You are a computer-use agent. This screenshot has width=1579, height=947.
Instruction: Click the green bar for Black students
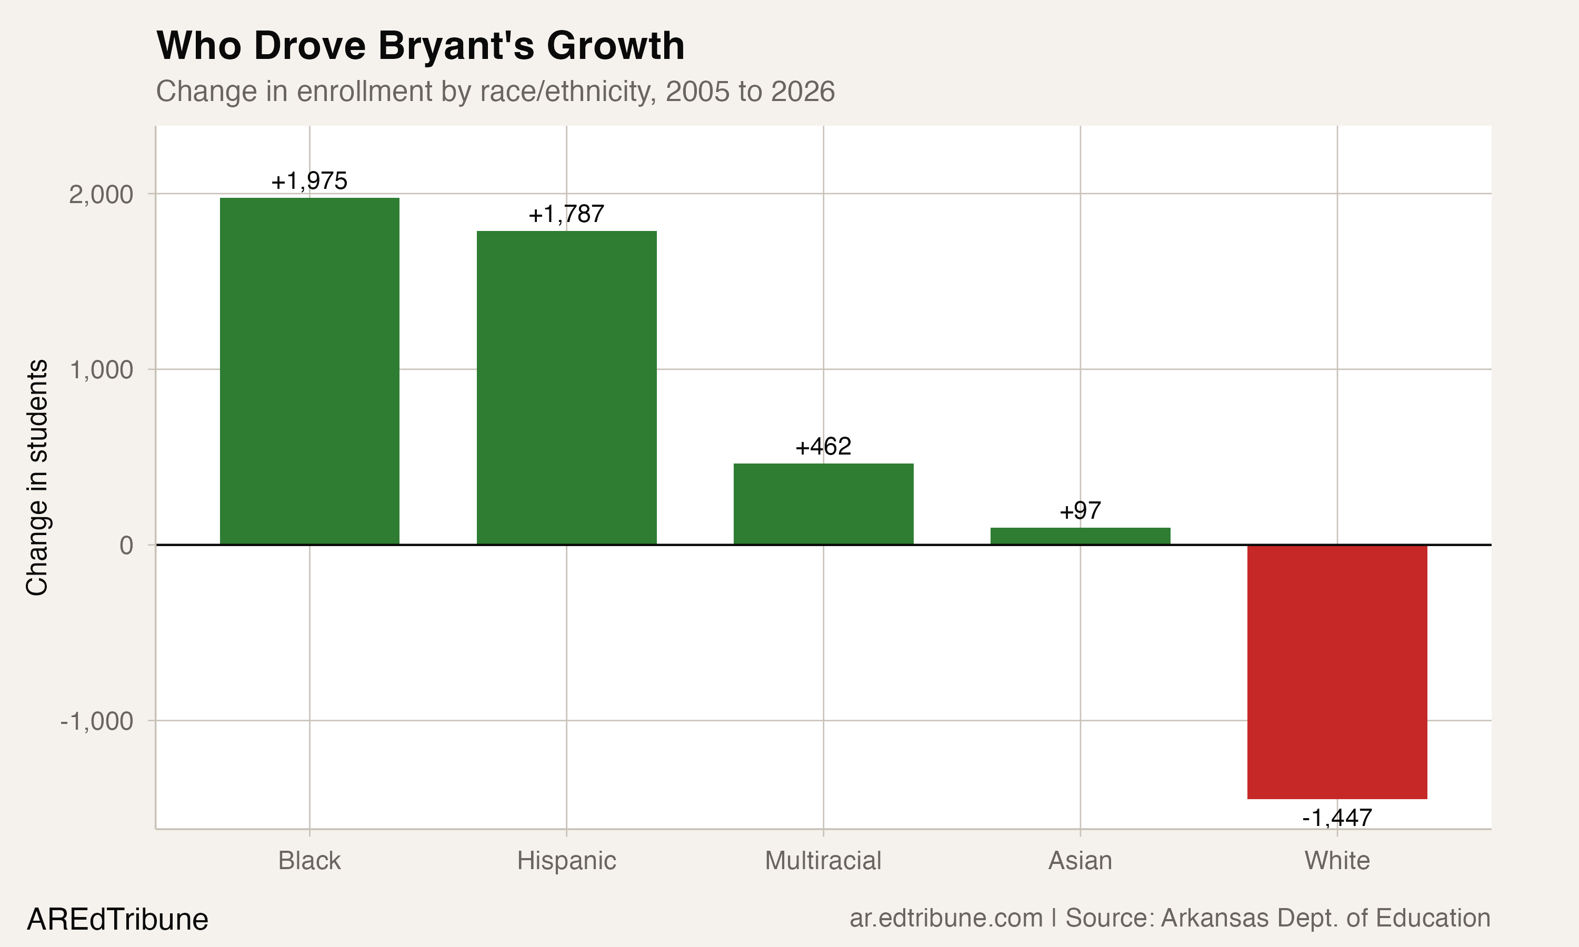tap(309, 371)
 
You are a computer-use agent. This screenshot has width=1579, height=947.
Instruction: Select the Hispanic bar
tap(566, 387)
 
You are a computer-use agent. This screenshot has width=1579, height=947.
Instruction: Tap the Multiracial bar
tap(823, 503)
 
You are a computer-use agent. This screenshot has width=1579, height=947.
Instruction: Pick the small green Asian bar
tap(1080, 536)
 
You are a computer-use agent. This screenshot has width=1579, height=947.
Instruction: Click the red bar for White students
tap(1337, 671)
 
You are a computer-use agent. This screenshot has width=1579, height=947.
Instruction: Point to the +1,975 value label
tap(309, 181)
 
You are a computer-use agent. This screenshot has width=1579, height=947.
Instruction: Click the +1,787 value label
tap(566, 215)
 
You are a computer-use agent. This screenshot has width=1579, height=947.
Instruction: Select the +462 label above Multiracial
tap(823, 447)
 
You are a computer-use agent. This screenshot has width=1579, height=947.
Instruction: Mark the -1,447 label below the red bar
tap(1337, 818)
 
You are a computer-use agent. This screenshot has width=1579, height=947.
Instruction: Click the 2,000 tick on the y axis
tap(101, 195)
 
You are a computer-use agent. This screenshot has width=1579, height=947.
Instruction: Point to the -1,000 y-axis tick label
tap(96, 721)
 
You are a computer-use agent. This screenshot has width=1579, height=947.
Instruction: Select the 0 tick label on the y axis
tap(126, 546)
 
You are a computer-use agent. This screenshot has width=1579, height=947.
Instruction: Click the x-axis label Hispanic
tap(566, 861)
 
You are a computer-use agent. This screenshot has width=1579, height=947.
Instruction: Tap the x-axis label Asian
tap(1080, 861)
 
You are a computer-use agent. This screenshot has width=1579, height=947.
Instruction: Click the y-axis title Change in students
tap(37, 477)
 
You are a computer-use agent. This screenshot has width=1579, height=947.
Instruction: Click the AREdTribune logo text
tap(117, 920)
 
